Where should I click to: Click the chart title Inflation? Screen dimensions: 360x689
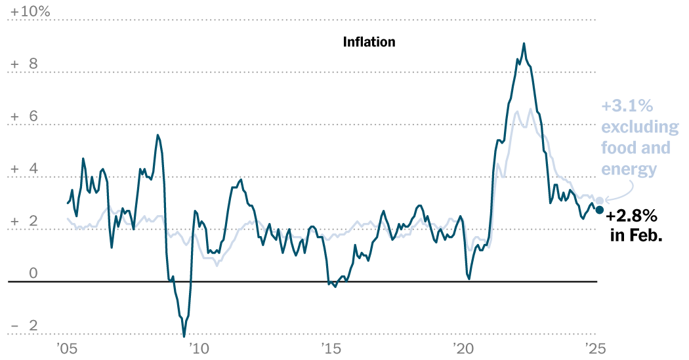pyautogui.click(x=369, y=42)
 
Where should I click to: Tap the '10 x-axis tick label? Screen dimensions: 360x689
pyautogui.click(x=198, y=348)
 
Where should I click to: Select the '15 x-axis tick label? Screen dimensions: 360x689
pyautogui.click(x=330, y=348)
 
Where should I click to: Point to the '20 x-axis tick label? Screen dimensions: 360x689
pyautogui.click(x=463, y=348)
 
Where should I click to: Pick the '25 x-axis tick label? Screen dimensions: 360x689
pyautogui.click(x=594, y=348)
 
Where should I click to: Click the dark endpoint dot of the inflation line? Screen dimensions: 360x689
pyautogui.click(x=599, y=209)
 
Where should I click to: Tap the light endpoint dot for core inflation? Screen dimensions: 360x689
pyautogui.click(x=599, y=201)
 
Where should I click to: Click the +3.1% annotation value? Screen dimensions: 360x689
pyautogui.click(x=627, y=106)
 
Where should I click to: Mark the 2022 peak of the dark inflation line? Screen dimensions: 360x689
pyautogui.click(x=524, y=43)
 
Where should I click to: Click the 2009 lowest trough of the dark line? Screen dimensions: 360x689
pyautogui.click(x=183, y=336)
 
